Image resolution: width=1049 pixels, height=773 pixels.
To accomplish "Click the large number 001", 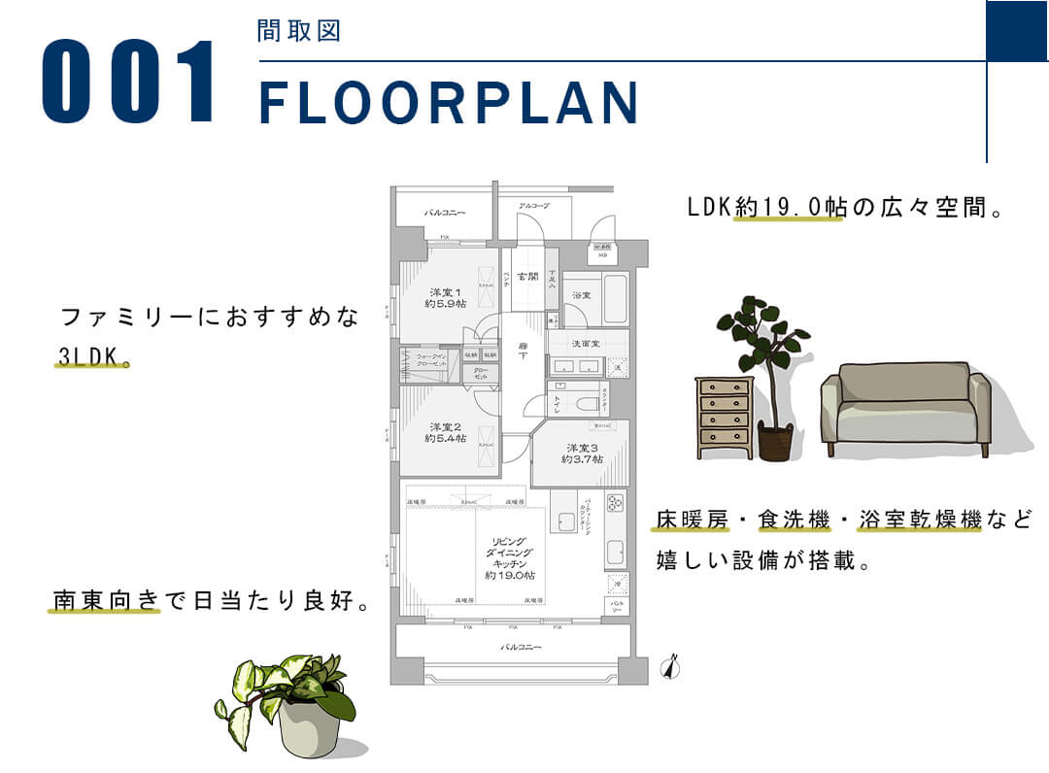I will click(130, 82).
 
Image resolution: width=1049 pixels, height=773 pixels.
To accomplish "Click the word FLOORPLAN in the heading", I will click(449, 102).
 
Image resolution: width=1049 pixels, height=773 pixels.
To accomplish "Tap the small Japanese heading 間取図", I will click(298, 31).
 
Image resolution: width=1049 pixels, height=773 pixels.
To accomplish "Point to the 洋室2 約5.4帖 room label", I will click(445, 432).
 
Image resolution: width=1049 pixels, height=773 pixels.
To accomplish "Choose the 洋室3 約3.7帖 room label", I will click(581, 454).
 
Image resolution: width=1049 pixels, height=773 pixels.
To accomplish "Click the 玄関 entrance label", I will click(527, 277).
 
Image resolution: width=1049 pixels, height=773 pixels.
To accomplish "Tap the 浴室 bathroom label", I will click(582, 294).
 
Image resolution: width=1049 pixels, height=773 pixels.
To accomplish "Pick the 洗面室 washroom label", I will click(586, 343).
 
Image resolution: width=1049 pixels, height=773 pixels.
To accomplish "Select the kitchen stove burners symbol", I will click(615, 503).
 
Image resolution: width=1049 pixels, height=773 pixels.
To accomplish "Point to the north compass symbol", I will click(669, 667).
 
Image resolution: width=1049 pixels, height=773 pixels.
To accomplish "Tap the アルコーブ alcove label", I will click(533, 206).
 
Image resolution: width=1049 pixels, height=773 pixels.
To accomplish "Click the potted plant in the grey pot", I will click(291, 701).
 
